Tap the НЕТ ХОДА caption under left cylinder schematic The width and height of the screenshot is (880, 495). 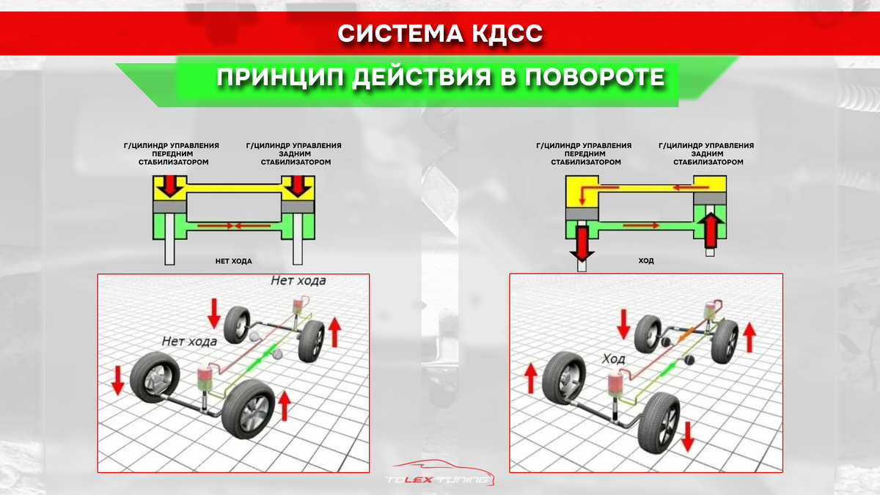(x=234, y=260)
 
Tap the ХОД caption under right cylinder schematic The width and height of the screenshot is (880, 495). (x=646, y=260)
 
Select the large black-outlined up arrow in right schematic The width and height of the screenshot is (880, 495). (x=709, y=228)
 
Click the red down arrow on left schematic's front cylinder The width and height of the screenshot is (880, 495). (x=170, y=187)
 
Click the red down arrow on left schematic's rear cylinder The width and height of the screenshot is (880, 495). (x=298, y=187)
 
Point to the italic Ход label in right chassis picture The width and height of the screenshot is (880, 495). (x=614, y=359)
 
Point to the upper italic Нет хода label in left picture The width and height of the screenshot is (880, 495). (x=298, y=281)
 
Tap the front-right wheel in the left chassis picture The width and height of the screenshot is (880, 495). (x=247, y=410)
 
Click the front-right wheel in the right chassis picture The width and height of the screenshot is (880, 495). (x=658, y=419)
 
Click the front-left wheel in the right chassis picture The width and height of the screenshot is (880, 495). (x=563, y=375)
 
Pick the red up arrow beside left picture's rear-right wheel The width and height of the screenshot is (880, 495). (x=335, y=331)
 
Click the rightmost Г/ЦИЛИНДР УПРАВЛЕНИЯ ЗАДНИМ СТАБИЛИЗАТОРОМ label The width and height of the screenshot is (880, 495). (x=706, y=154)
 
